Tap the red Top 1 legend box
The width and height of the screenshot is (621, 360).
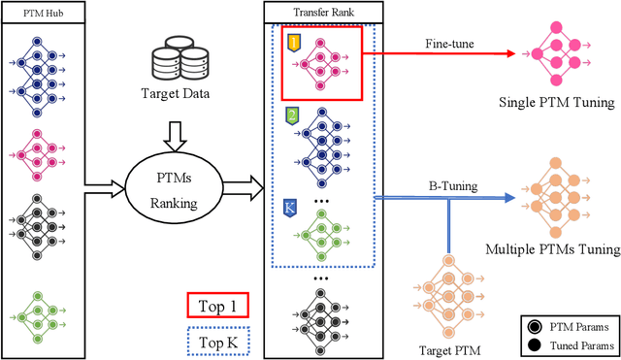pos(216,307)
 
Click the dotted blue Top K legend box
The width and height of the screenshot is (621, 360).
pos(216,343)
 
